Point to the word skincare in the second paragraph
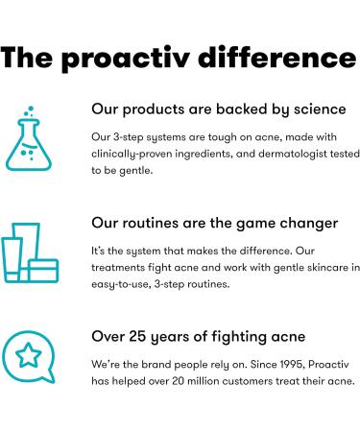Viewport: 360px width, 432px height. (295, 267)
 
